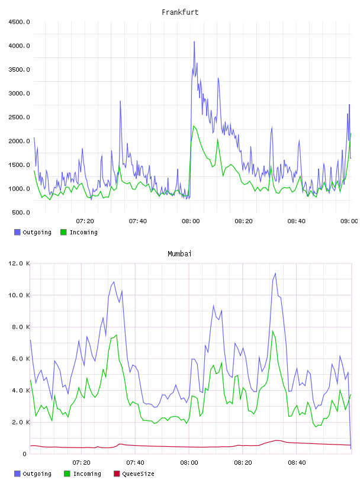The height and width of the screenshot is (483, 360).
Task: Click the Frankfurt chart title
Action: coord(180,12)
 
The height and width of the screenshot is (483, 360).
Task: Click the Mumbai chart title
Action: coord(179,253)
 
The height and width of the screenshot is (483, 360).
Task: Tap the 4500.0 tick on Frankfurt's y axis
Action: coord(19,22)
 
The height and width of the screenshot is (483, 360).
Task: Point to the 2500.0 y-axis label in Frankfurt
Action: coord(19,117)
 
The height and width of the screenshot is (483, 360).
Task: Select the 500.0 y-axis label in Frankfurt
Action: coord(21,212)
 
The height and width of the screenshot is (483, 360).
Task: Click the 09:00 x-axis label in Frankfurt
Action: coord(349,221)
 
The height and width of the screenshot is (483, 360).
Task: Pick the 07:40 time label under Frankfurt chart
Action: coord(138,221)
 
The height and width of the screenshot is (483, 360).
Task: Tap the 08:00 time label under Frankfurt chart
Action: coord(191,221)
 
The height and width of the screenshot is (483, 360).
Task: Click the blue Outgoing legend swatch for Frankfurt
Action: coord(17,232)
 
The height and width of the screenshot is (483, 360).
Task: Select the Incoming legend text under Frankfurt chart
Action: coord(83,232)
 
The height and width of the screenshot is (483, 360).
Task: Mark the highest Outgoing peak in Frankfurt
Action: coord(194,41)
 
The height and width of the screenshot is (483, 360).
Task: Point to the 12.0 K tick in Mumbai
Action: coord(19,263)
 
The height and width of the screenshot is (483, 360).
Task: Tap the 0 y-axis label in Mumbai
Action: coord(24,454)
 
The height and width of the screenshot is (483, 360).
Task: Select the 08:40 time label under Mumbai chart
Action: coord(297,462)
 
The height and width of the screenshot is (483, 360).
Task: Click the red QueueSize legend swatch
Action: coord(117,474)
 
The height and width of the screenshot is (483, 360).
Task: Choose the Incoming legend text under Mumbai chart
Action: coord(87,474)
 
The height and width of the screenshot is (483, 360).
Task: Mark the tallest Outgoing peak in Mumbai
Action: coord(275,273)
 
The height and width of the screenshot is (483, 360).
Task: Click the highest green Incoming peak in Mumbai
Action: coord(272,331)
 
